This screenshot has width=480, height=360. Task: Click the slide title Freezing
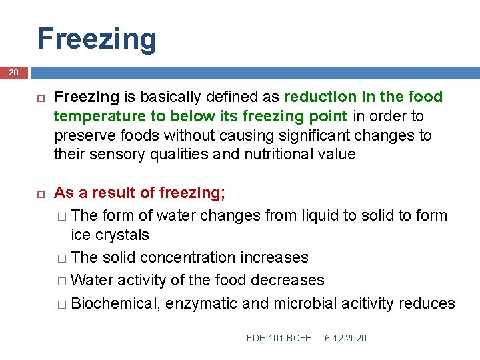coord(97,39)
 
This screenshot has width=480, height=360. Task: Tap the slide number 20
coord(14,73)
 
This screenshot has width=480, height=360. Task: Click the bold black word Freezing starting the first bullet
coord(86,97)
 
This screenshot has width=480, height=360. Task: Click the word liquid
coord(331,215)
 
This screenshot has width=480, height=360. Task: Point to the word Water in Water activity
coord(91,280)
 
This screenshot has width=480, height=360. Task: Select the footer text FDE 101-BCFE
coord(279,338)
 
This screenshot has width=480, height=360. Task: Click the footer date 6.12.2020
coord(345,338)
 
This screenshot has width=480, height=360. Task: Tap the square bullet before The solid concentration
coord(61,258)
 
